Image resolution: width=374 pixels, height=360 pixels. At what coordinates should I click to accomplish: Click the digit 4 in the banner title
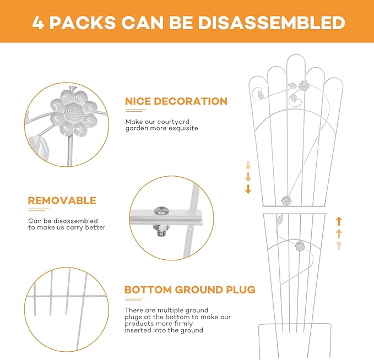coord(37,23)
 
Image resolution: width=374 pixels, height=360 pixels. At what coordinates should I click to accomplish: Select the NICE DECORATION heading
coord(176,101)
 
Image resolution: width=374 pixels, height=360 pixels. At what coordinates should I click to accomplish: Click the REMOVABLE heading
coord(62,200)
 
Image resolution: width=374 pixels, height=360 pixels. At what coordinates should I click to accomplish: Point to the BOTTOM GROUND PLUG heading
coord(190,290)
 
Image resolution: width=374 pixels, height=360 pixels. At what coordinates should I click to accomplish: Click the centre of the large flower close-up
coord(74,113)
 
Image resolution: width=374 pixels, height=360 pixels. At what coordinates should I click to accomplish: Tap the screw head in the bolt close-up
coord(161,210)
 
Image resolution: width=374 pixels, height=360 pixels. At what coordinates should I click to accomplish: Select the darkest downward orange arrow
coord(248,189)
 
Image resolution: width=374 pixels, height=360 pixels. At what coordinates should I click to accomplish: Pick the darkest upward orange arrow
coord(339,221)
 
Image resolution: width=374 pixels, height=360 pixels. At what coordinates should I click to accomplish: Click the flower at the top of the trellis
coord(304,85)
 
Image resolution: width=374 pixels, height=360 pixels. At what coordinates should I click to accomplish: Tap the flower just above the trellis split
coord(286,201)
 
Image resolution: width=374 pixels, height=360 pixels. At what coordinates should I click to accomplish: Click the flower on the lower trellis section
coord(300,246)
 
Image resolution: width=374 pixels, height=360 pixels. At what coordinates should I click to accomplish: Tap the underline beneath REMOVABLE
coord(39,210)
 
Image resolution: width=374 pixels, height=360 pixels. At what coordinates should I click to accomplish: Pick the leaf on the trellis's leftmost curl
coord(261,96)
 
